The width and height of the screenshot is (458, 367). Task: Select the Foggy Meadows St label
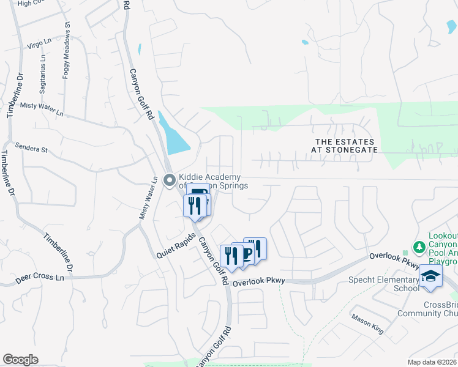[67, 52]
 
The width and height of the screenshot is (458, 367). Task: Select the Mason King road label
[367, 324]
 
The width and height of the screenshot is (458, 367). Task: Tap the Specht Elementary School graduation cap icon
[431, 276]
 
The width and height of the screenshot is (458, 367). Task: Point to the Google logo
[21, 360]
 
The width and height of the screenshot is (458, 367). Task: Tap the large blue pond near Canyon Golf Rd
[175, 135]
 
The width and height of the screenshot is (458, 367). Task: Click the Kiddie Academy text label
[209, 181]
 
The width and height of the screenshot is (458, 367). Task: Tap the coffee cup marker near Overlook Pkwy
[246, 254]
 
